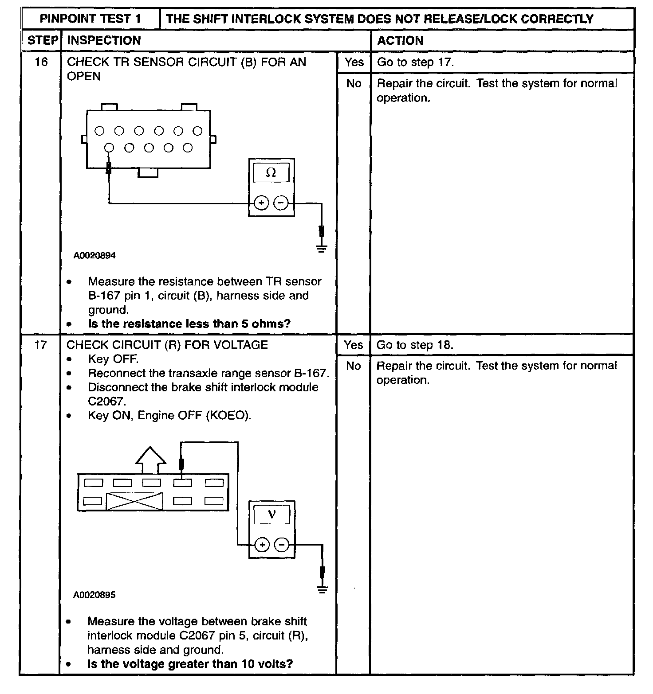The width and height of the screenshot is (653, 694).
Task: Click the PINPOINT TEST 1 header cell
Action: [90, 19]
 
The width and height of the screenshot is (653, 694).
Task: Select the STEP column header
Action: [43, 40]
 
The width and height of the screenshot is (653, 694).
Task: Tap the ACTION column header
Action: [400, 40]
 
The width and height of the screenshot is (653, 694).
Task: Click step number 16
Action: [41, 62]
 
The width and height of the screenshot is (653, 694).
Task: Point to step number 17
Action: [40, 345]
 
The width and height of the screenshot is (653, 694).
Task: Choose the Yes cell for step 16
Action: [354, 62]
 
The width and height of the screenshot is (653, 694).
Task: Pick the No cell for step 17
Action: [353, 366]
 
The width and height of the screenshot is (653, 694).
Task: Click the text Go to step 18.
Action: [415, 345]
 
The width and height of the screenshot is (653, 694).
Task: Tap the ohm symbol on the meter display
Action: [271, 173]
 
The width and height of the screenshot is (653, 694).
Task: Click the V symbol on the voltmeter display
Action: [271, 515]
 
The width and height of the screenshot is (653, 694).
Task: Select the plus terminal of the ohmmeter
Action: [261, 203]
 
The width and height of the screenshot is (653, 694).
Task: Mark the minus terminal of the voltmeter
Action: [281, 545]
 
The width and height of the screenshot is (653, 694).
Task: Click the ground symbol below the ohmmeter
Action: [322, 248]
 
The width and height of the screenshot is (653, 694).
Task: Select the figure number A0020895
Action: [94, 595]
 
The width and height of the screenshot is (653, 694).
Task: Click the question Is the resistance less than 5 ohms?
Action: [189, 324]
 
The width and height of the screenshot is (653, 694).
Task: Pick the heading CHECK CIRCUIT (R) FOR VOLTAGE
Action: [167, 345]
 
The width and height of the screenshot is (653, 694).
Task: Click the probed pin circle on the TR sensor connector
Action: [109, 148]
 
